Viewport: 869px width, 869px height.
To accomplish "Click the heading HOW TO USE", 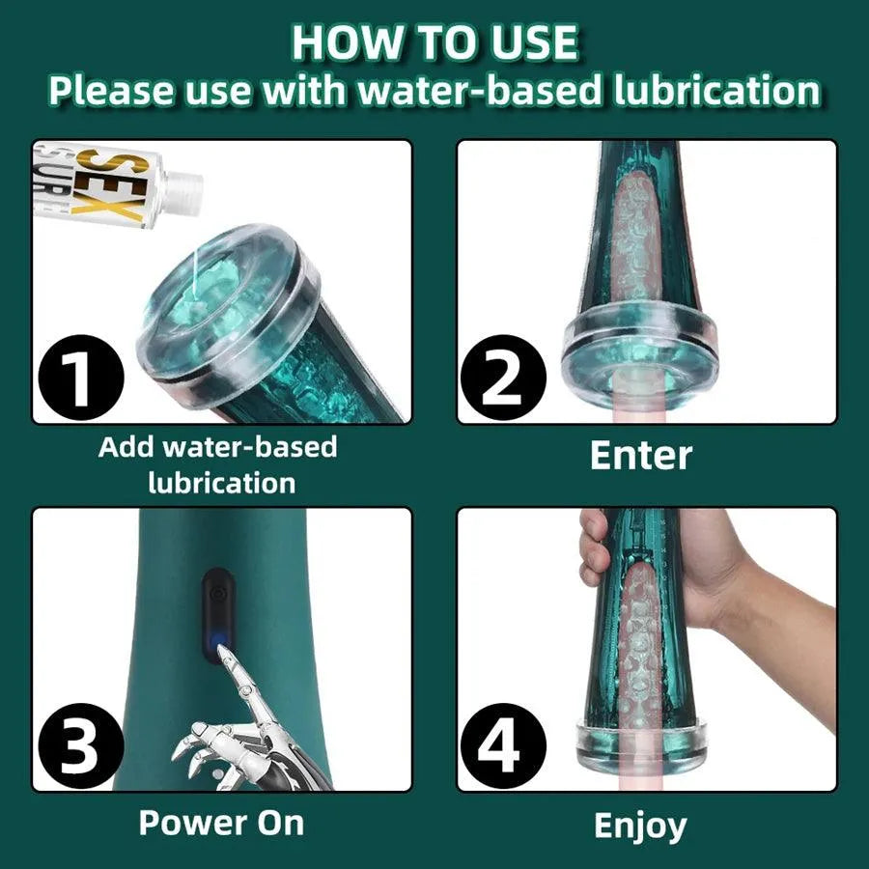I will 434,43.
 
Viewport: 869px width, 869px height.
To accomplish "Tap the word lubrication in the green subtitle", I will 716,91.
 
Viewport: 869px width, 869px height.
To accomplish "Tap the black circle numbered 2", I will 503,379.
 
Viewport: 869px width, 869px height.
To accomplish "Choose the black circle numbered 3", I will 79,747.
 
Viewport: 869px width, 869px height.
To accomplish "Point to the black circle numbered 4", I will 503,747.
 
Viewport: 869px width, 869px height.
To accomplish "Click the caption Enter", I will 641,456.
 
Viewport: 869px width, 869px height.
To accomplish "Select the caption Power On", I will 221,824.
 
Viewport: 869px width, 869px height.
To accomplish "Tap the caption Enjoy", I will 640,827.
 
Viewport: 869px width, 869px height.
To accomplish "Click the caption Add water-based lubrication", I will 219,464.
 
